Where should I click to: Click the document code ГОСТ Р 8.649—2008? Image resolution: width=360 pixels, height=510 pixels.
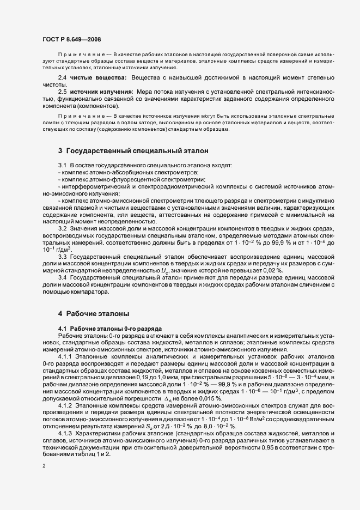(71, 39)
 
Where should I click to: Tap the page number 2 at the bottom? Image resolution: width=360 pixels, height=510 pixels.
(44, 466)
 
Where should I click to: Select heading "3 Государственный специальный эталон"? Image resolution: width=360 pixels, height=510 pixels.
(133, 150)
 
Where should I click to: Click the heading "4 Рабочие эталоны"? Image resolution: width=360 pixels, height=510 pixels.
(94, 314)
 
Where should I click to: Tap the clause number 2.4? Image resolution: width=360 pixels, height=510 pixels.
(62, 79)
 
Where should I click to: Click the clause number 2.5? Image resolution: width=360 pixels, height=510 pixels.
(62, 92)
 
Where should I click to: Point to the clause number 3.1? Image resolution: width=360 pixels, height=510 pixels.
(62, 165)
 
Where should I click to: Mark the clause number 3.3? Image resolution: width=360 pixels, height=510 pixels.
(62, 256)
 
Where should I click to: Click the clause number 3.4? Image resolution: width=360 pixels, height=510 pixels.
(62, 278)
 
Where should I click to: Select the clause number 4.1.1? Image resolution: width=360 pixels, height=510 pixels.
(64, 356)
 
